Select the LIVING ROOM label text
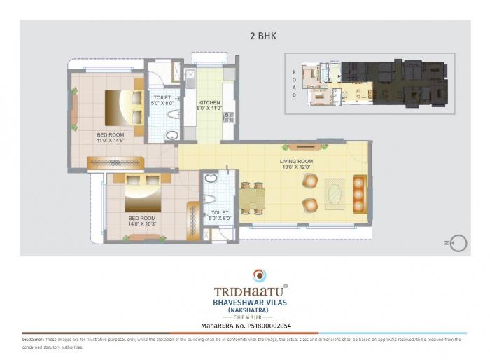[296, 164]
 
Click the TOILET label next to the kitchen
[162, 100]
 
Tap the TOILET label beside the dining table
[220, 215]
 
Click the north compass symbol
[458, 243]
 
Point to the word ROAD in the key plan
[295, 83]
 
